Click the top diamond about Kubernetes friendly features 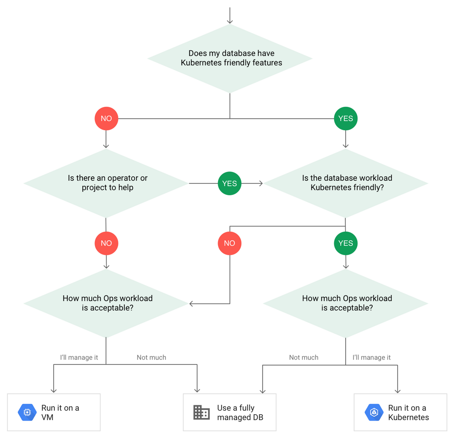pos(230,58)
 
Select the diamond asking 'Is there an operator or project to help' pos(106,183)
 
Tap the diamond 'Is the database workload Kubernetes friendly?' pos(346,183)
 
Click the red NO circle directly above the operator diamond pos(106,119)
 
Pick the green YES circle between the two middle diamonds pos(230,183)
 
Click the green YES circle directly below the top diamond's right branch pos(345,119)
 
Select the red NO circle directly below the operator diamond pos(106,243)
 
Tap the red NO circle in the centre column pos(230,243)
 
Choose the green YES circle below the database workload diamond pos(345,243)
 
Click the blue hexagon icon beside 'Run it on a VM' pos(27,412)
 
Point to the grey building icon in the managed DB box pos(201,412)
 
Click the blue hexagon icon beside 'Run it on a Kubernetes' pos(374,412)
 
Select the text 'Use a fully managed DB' pos(240,412)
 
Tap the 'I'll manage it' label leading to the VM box pos(79,357)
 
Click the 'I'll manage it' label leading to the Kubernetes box pos(371,357)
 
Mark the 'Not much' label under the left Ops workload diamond pos(151,357)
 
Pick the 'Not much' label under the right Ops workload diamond pos(304,357)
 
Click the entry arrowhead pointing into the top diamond pos(230,21)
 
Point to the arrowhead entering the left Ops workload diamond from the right pos(191,304)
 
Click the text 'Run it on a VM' pos(60,412)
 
